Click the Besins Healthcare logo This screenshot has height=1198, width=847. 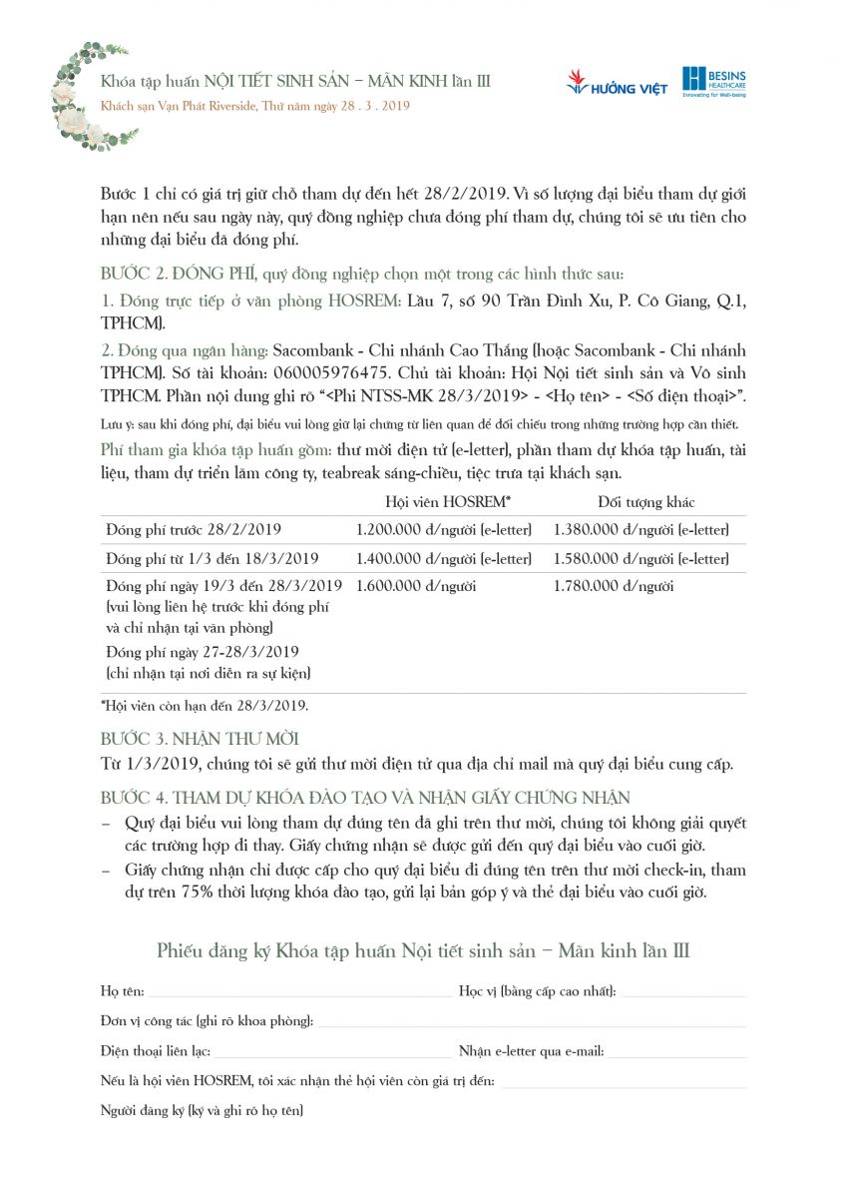713,81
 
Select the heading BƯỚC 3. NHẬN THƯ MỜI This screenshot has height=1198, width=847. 200,739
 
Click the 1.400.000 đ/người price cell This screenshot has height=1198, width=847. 443,558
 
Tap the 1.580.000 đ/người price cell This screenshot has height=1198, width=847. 640,558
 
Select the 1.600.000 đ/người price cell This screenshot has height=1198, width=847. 415,586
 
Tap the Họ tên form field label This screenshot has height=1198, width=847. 122,991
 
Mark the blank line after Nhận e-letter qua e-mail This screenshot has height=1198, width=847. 676,1052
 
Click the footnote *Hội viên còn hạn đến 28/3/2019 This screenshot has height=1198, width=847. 205,706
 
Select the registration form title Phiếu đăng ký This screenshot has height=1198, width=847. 422,950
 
